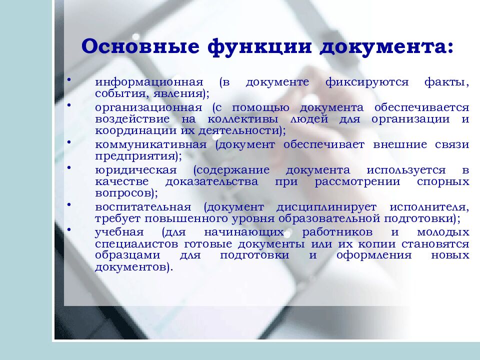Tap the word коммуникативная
point(150,144)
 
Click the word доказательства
point(220,181)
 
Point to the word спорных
point(443,181)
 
